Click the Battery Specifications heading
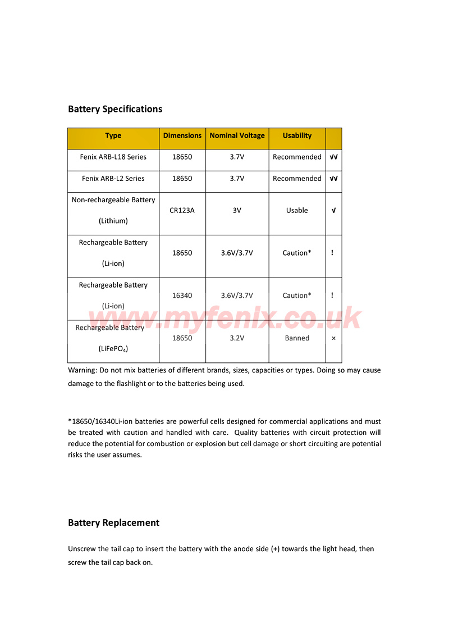(115, 109)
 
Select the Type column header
(113, 135)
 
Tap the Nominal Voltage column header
(237, 135)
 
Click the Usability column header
(297, 135)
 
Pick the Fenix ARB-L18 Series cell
(113, 157)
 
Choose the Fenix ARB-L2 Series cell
(113, 179)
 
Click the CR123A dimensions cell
(182, 211)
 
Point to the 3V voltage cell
(237, 211)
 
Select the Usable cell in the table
(297, 211)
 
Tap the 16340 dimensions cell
(182, 296)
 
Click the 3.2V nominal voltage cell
(237, 338)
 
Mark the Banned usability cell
(297, 338)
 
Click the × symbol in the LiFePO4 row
(333, 338)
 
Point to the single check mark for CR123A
(333, 211)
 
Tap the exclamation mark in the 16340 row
(332, 296)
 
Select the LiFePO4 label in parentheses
(113, 349)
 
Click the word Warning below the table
(82, 371)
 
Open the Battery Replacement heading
(113, 523)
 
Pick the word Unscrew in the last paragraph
(82, 549)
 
